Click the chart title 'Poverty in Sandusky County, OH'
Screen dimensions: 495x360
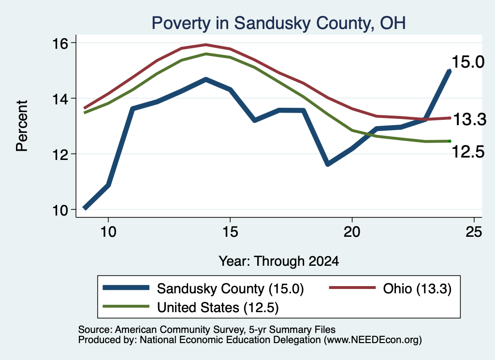[x=278, y=23]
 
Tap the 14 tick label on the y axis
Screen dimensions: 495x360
[x=60, y=99]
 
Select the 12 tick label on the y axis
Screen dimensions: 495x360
[x=60, y=155]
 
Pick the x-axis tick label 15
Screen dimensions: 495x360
[x=230, y=232]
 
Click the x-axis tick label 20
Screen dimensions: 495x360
[x=352, y=232]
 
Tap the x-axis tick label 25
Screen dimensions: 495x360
[x=474, y=232]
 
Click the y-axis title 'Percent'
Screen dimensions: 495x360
[x=22, y=126]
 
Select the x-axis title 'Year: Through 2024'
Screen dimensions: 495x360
[x=279, y=261]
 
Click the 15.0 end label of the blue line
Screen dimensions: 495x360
[x=468, y=62]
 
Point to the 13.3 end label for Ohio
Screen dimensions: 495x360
[x=470, y=119]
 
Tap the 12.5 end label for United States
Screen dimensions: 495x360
[x=468, y=152]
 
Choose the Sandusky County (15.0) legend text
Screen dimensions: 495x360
[x=231, y=288]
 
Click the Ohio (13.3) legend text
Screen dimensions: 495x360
[x=417, y=288]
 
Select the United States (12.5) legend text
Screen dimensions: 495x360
[x=218, y=308]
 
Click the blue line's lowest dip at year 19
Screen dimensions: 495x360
[x=328, y=164]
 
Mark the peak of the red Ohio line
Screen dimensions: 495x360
[x=206, y=44]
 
